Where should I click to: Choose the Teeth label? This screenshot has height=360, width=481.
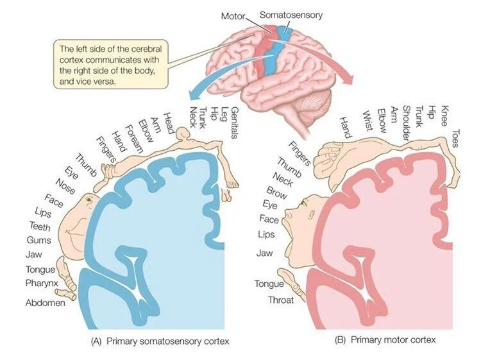[35, 225]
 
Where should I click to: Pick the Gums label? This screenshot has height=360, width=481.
[35, 240]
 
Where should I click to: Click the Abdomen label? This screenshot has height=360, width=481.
[46, 302]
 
